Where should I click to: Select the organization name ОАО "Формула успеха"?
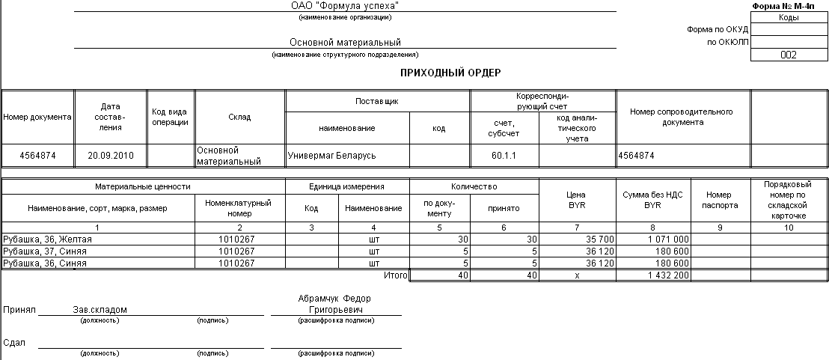[345, 6]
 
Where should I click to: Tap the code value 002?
[788, 55]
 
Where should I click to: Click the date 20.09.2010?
[111, 156]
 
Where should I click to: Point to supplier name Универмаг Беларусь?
[332, 156]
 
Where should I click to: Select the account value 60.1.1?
[504, 156]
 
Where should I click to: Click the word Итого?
[395, 275]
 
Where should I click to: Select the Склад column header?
[239, 118]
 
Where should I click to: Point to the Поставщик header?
[378, 100]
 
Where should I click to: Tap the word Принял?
[16, 309]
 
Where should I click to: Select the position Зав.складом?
[100, 309]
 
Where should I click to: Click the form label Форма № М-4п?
[789, 6]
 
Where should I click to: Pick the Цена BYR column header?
[577, 200]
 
